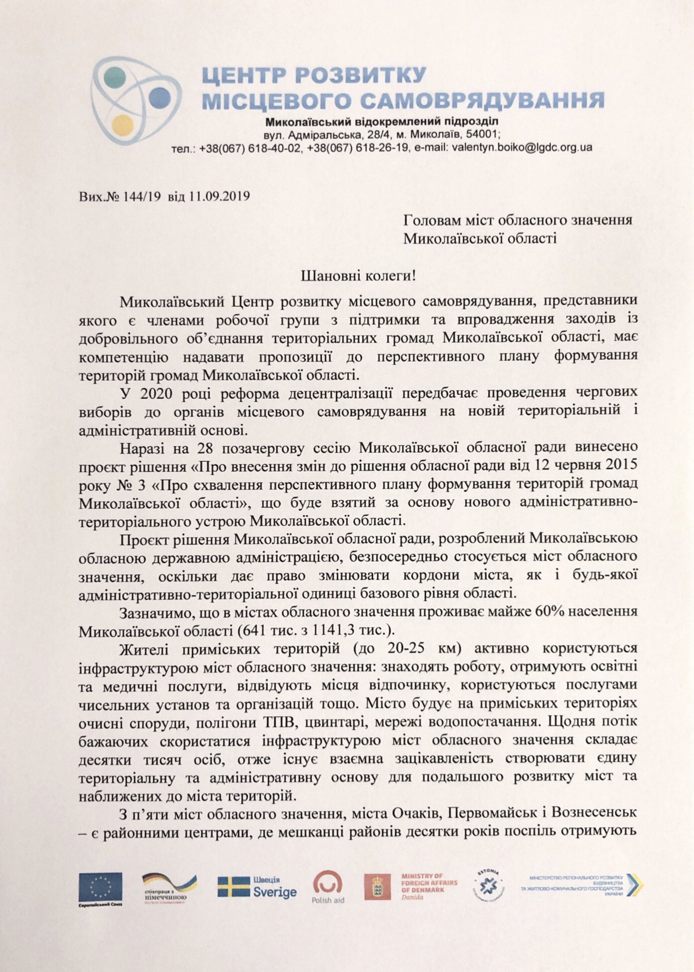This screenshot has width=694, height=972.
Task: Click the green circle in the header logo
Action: click(x=115, y=77)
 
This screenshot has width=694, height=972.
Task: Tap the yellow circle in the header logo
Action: click(x=123, y=124)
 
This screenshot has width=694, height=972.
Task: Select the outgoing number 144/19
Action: click(x=143, y=197)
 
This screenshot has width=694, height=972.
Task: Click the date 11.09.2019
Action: click(x=219, y=197)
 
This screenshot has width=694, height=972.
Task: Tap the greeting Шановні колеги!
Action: click(x=359, y=276)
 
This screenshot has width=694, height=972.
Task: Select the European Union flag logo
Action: click(x=100, y=886)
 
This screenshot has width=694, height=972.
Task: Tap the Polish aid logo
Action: click(x=328, y=886)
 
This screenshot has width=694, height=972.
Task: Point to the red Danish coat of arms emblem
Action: click(x=377, y=886)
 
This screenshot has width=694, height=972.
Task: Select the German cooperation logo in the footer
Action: click(x=169, y=887)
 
